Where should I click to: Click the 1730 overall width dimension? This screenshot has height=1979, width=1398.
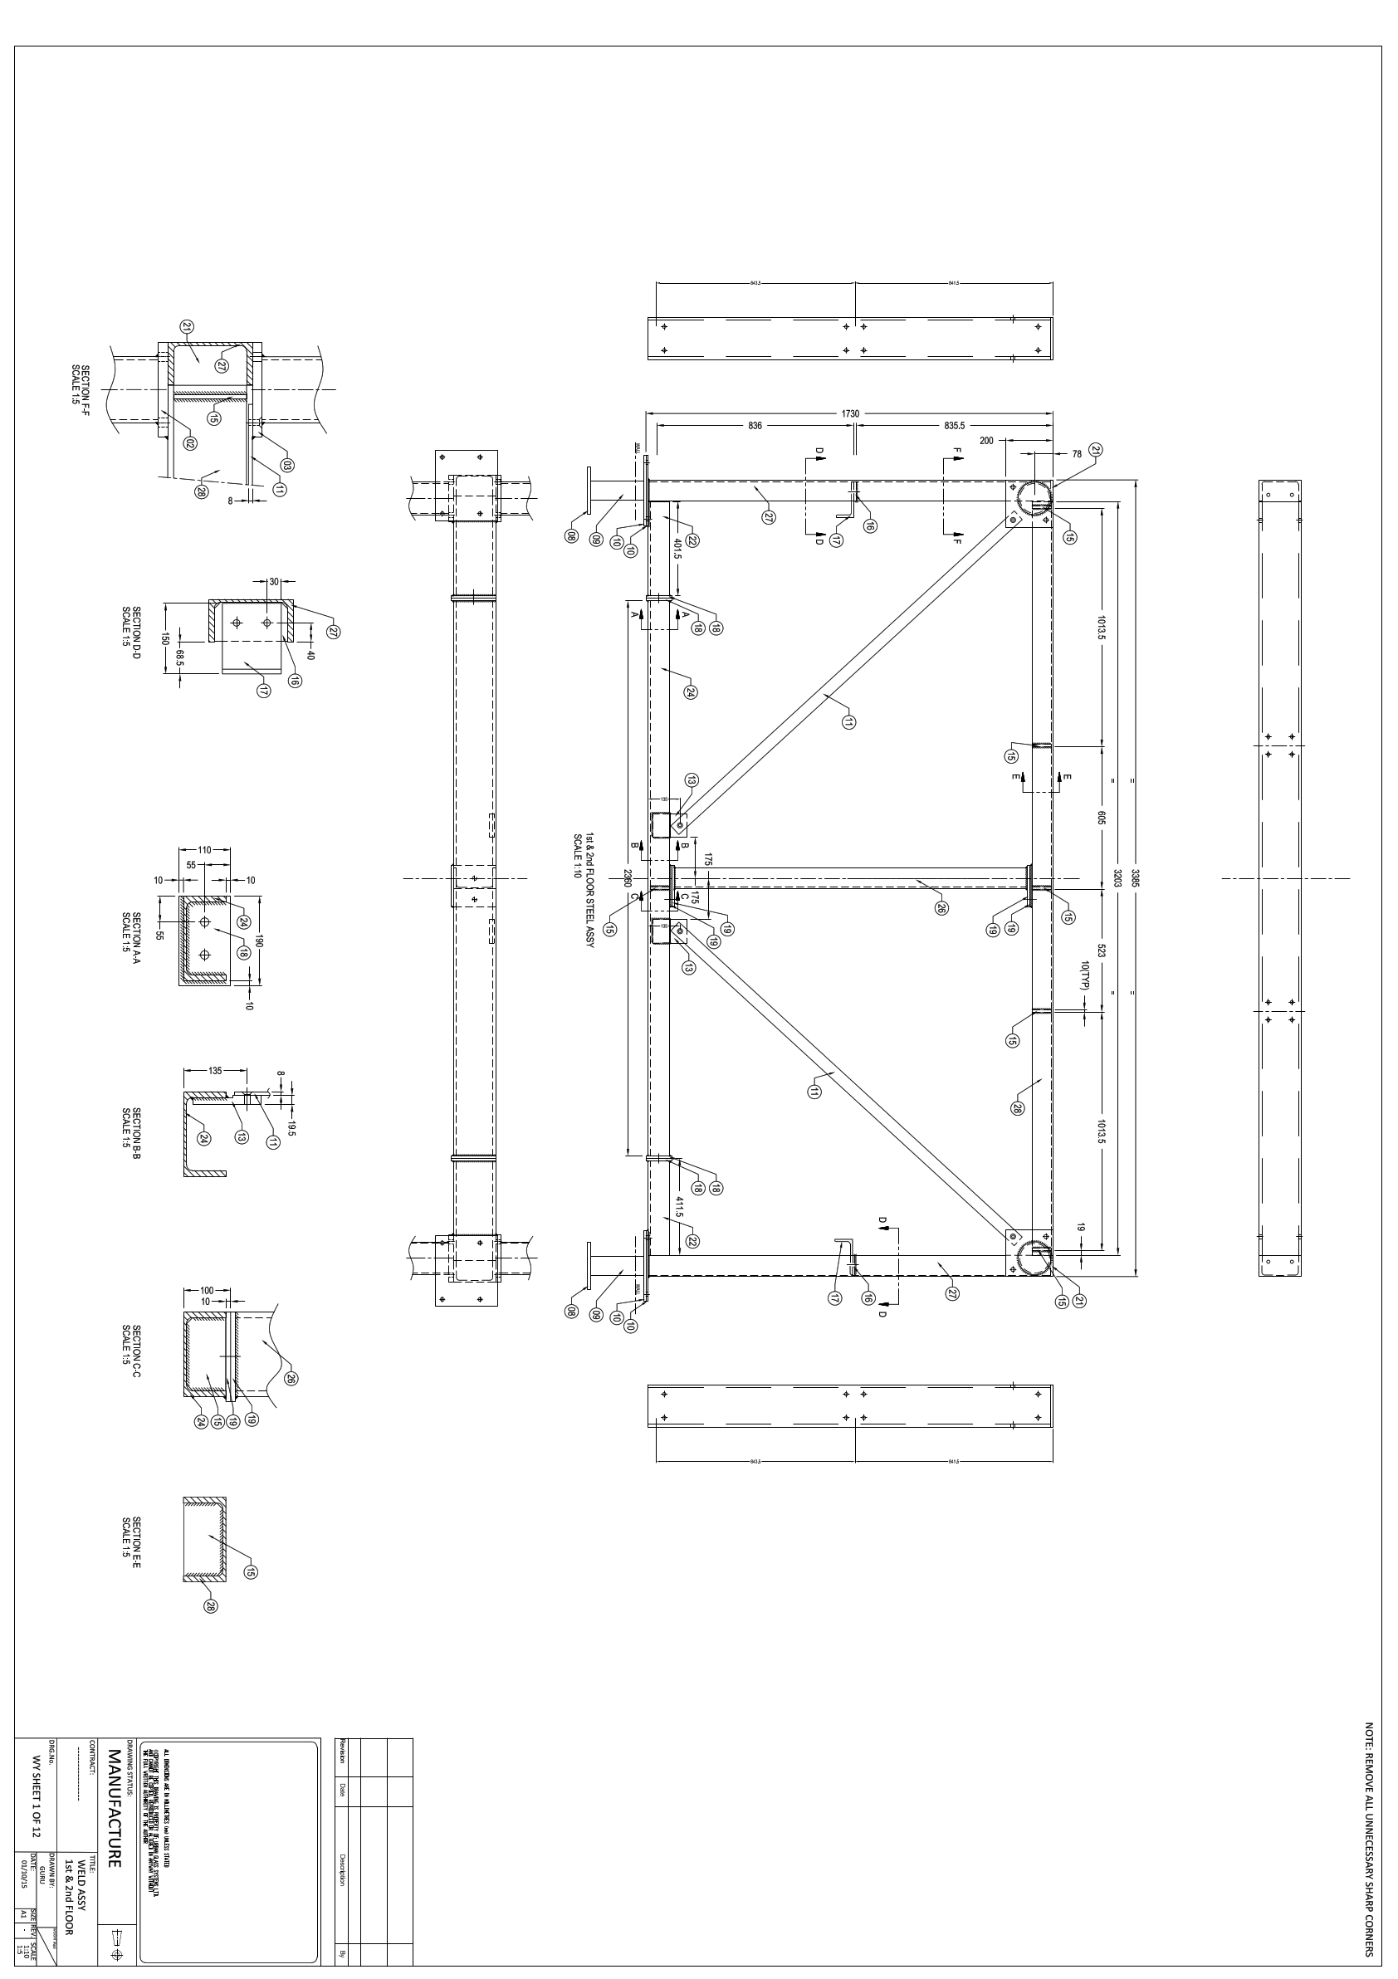(x=850, y=413)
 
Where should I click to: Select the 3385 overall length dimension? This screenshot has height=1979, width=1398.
(x=1136, y=878)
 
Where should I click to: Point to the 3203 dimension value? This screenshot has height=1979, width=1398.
(x=1117, y=878)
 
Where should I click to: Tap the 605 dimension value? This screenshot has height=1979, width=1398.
(x=1101, y=818)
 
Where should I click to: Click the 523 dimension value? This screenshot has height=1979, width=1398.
(x=1101, y=951)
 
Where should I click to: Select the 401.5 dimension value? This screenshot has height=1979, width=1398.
(x=678, y=550)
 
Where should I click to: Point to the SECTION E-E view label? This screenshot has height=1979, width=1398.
(x=131, y=1537)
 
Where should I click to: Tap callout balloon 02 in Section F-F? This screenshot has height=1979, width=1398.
(x=190, y=443)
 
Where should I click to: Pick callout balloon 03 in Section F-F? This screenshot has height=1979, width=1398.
(x=287, y=466)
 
